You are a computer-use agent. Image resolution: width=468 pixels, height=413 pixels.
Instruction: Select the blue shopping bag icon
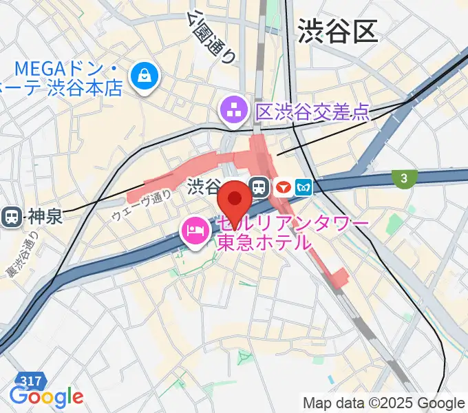[146, 75]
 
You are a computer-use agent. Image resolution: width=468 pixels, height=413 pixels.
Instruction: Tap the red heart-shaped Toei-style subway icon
[281, 186]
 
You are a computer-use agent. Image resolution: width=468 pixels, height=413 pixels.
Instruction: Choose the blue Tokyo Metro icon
[304, 186]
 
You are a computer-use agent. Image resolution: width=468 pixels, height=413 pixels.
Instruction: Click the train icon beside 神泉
[12, 218]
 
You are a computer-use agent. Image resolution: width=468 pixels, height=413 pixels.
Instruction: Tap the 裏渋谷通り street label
[20, 255]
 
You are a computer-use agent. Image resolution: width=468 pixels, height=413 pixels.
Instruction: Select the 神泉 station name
[45, 218]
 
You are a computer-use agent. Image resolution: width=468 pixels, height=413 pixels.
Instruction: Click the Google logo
[45, 397]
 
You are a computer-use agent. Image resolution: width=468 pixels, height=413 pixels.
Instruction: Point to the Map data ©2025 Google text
[384, 403]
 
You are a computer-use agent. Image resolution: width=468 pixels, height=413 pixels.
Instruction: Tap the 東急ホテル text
[264, 242]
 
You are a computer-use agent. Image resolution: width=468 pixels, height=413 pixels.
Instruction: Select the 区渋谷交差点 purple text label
[312, 112]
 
